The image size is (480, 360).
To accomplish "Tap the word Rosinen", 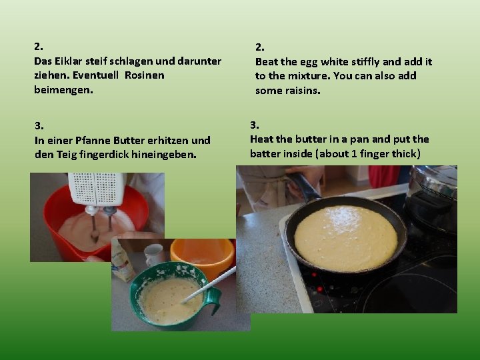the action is point(145,75).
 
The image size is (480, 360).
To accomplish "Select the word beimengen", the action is point(63,90).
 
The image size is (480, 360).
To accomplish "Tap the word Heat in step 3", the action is point(261,139).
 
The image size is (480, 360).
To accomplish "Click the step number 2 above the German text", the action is point(39,47).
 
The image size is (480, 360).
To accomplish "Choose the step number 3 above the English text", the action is point(255,125).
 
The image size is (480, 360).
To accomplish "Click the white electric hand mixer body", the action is point(97,189).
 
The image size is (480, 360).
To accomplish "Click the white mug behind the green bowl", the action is point(154,255).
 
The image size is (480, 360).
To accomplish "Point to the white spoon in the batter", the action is point(209,285).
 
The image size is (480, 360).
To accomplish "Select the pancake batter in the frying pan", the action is point(346,239).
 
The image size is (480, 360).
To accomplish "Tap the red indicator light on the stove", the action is point(319,289).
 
